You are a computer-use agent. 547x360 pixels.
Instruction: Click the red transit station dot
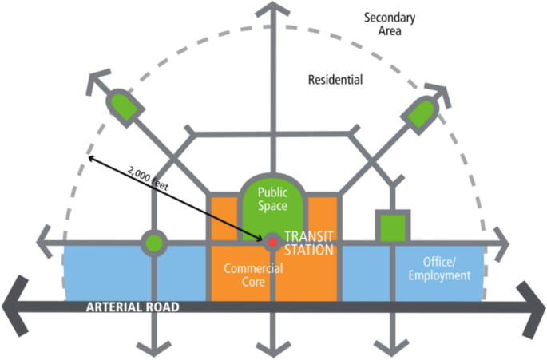point(272,239)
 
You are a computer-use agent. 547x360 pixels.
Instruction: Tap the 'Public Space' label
point(272,200)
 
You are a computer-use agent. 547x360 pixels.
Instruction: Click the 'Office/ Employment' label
point(439,269)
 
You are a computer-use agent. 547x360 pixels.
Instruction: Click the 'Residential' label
point(335,80)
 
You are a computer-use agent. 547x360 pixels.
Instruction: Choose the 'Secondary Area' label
point(390,24)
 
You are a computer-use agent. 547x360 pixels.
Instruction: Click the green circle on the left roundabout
point(154,242)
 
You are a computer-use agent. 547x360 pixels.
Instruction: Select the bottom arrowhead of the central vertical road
point(272,350)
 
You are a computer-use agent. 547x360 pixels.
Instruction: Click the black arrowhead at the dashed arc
point(93,158)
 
